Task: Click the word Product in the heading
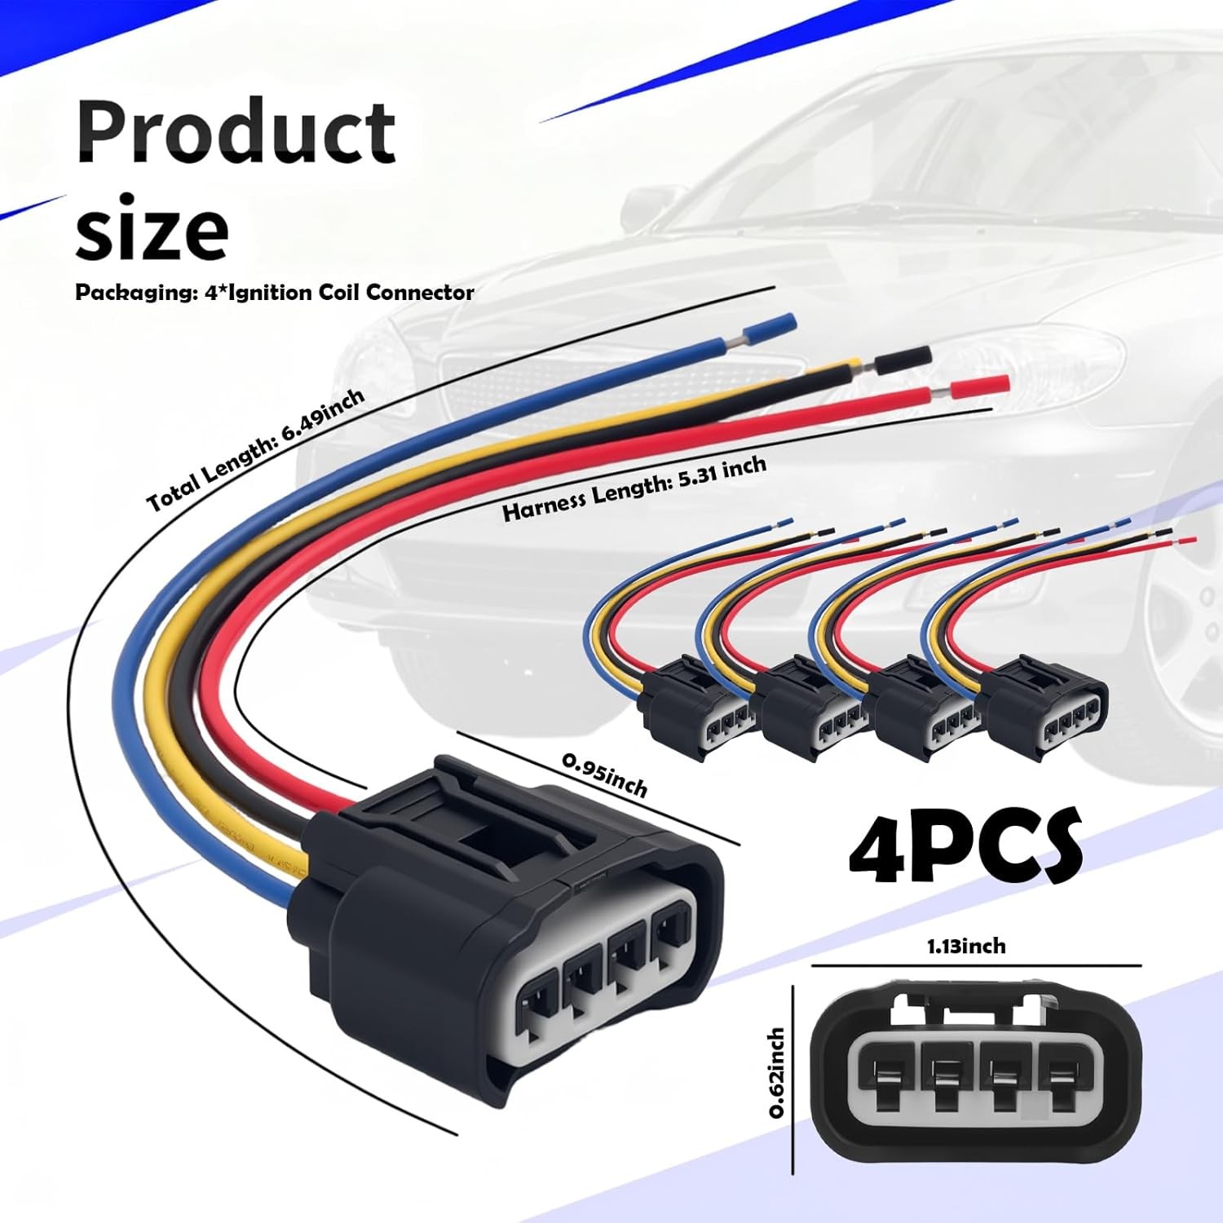coord(236,132)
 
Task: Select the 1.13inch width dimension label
coord(965,946)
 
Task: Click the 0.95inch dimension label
coord(604,775)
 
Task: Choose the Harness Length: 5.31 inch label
coord(634,488)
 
